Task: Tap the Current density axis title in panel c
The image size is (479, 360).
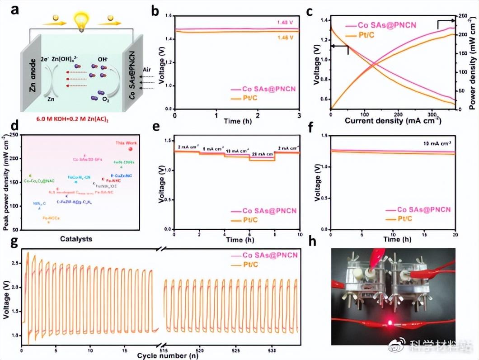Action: (x=392, y=121)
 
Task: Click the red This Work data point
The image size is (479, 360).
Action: (x=131, y=149)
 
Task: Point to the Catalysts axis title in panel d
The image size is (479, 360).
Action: (x=76, y=238)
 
